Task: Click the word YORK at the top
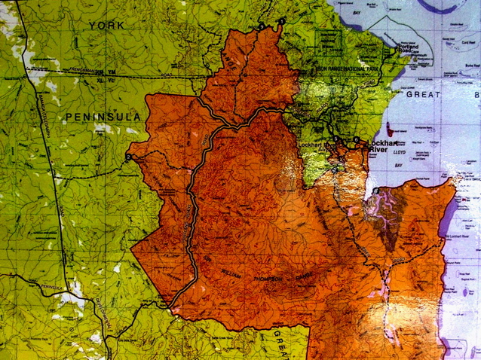(106, 26)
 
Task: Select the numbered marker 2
(130, 157)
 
